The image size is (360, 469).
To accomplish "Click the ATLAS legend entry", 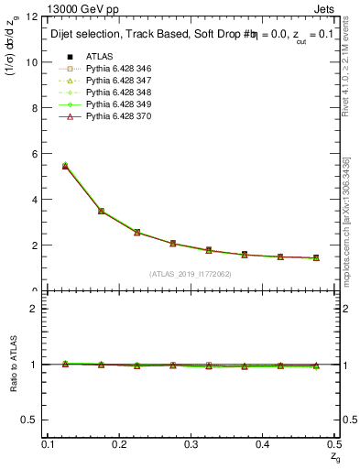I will pos(100,56).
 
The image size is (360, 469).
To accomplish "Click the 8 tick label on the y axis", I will pos(34,108).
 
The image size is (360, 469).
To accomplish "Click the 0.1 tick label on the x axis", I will pos(49,444).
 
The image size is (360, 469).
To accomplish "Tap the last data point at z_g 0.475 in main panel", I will pos(316,258).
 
